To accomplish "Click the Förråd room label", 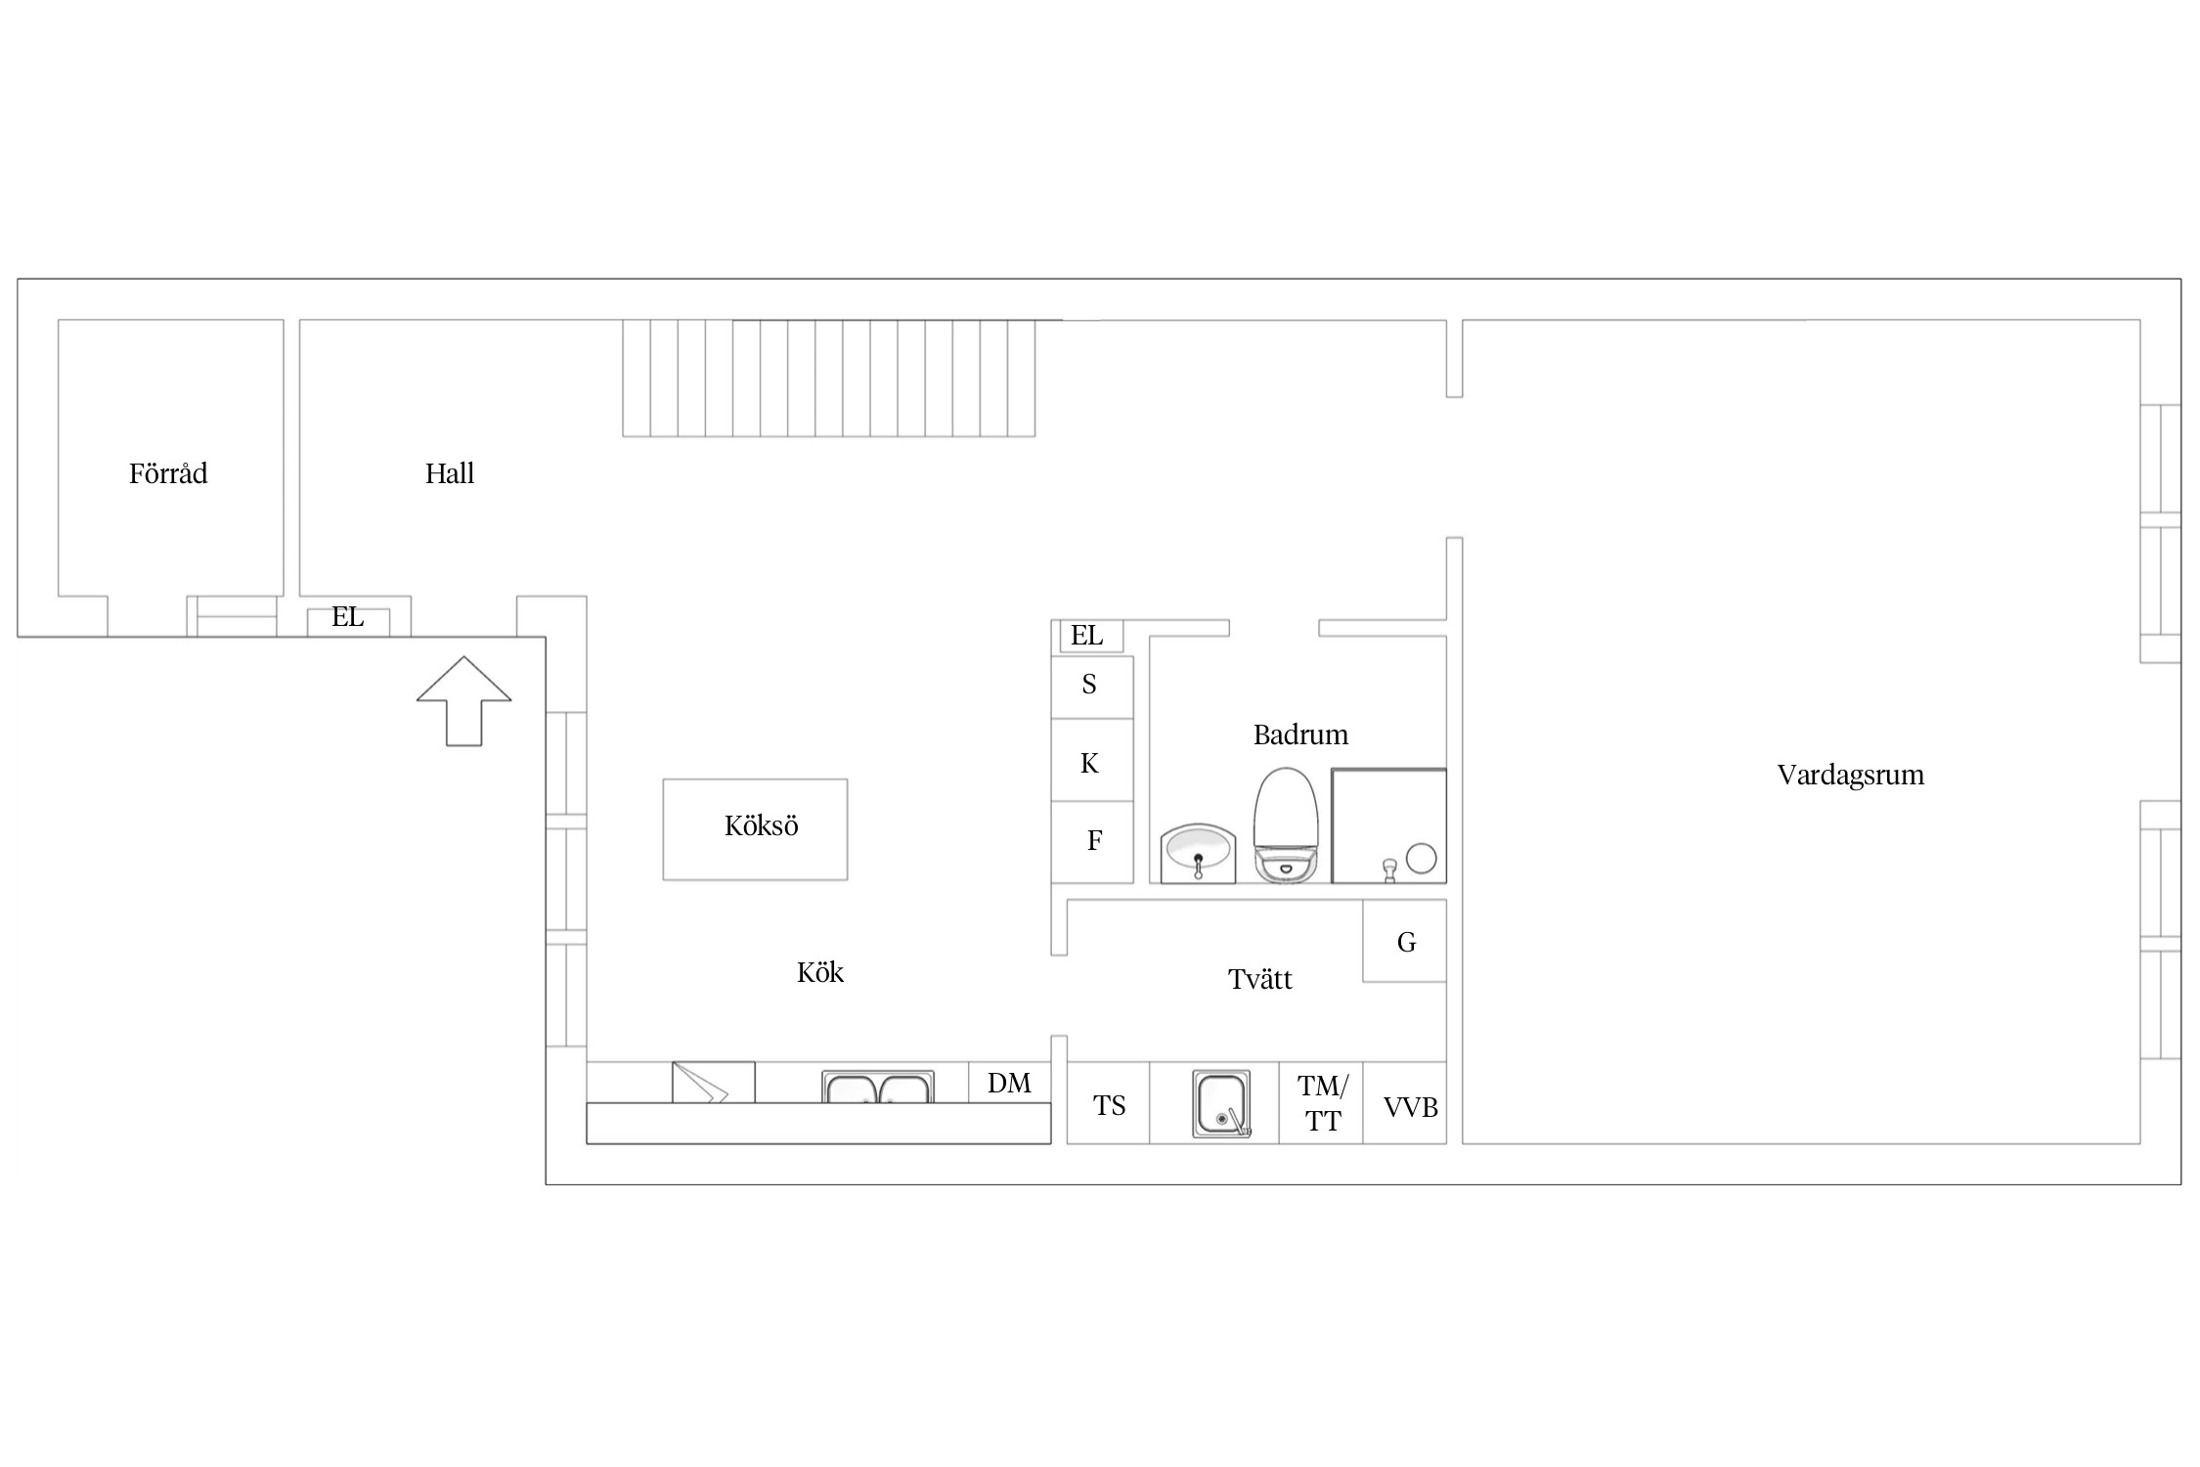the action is pos(168,473).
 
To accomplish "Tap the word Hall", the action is pos(450,473).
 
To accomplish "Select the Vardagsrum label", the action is pos(1850,776).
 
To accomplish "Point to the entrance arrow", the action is pos(464,700).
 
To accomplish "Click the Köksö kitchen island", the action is pos(755,829).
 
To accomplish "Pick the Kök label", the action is pos(819,972).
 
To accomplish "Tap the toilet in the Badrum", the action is pos(1287,824).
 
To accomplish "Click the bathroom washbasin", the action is pos(1198,853).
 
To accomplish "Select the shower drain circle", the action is pos(1421,859).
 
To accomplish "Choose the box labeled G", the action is pos(1405,941).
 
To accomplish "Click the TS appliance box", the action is pos(1109,1102).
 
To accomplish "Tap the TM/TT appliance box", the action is pos(1321,1102).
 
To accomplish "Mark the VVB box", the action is pos(1405,1102).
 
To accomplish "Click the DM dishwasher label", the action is pos(1009,1083).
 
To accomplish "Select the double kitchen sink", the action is pos(878,1087).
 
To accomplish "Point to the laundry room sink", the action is pos(1221,1104).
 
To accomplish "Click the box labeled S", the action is pos(1092,687).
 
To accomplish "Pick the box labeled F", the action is pos(1092,842).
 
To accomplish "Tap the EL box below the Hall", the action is pos(348,622).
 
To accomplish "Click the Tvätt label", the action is pos(1259,979).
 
